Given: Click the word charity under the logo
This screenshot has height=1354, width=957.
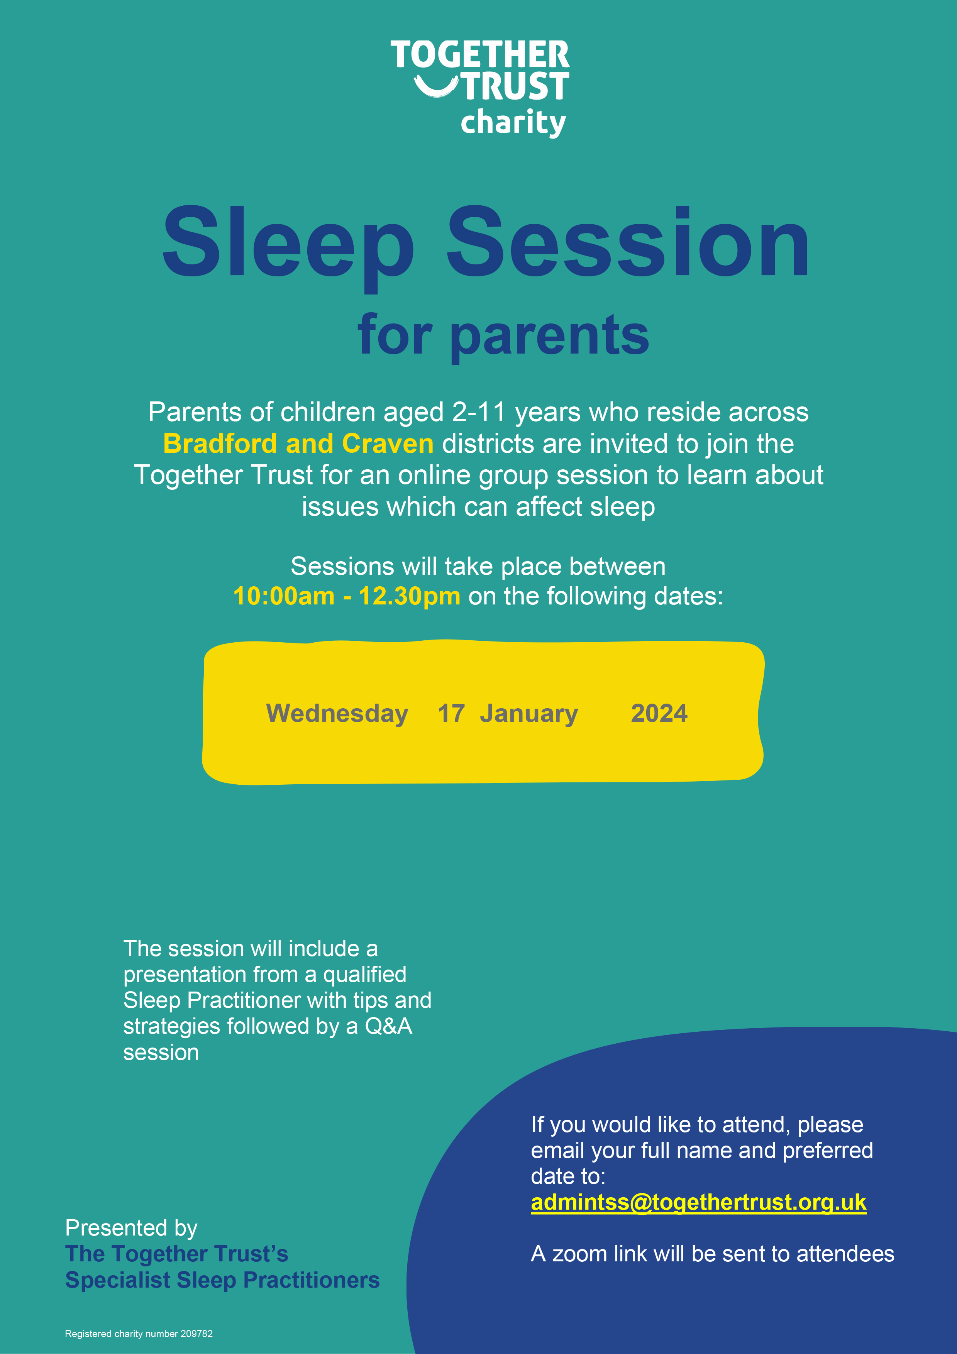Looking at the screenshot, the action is [x=513, y=123].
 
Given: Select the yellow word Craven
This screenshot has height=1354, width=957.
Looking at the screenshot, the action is [x=388, y=443].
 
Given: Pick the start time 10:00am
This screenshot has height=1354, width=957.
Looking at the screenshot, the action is [x=284, y=596].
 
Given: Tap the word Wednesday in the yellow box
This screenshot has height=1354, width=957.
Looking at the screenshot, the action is [x=337, y=714].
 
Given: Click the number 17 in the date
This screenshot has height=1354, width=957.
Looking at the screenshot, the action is [x=451, y=714].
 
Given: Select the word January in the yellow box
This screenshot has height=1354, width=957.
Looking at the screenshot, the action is [x=529, y=714].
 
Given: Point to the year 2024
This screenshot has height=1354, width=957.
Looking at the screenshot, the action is [x=659, y=714].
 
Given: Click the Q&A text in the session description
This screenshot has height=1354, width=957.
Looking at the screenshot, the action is [x=389, y=1027].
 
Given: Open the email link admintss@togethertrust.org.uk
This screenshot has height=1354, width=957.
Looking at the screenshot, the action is [x=699, y=1202].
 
